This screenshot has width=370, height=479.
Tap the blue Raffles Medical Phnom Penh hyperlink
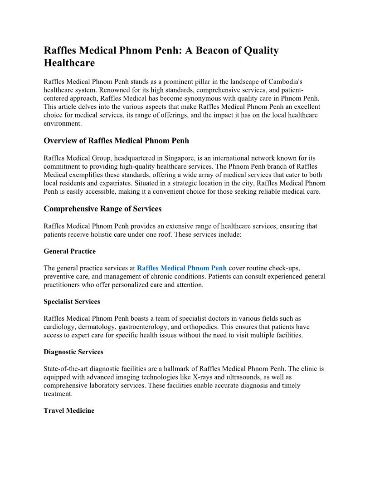coord(181,268)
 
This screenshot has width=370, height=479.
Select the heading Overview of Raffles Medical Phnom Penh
coord(116,141)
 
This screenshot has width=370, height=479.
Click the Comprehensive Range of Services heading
coord(102,209)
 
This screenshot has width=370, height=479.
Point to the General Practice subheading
coord(69,251)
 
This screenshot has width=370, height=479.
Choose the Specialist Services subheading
coord(72,301)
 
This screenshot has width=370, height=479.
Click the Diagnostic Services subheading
coord(73,352)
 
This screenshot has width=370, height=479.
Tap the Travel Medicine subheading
coord(69,411)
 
